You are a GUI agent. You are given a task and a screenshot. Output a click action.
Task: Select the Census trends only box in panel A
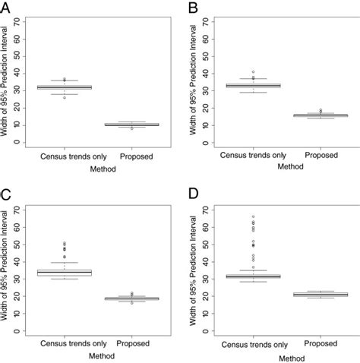[64, 87]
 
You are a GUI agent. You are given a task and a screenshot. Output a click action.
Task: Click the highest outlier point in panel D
[253, 216]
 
